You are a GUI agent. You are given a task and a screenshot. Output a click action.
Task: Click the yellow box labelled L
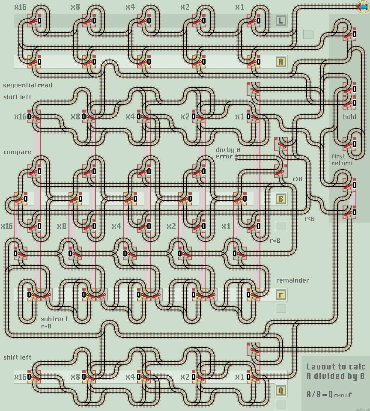pyautogui.click(x=281, y=21)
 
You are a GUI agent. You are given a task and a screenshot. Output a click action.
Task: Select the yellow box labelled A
pyautogui.click(x=281, y=62)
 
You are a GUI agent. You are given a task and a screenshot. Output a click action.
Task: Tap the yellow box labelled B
pyautogui.click(x=281, y=199)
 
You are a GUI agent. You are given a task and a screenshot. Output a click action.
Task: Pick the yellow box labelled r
pyautogui.click(x=281, y=295)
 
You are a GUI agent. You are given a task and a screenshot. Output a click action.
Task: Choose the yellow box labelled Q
pyautogui.click(x=281, y=390)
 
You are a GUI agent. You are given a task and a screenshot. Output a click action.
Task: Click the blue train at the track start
pyautogui.click(x=363, y=6)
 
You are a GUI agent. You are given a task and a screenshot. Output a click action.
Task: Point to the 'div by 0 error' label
pyautogui.click(x=228, y=153)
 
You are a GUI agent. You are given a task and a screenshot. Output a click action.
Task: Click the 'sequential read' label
pyautogui.click(x=27, y=85)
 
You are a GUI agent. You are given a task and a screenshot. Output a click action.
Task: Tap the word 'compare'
pyautogui.click(x=17, y=152)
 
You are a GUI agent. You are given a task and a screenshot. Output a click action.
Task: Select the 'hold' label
pyautogui.click(x=349, y=116)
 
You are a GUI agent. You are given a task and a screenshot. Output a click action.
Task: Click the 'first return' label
pyautogui.click(x=341, y=160)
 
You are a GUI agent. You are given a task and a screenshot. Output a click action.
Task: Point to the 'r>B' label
pyautogui.click(x=297, y=179)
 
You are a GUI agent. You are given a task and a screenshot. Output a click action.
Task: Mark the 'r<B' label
pyautogui.click(x=310, y=219)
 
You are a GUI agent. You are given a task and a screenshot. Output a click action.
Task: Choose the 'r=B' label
pyautogui.click(x=275, y=241)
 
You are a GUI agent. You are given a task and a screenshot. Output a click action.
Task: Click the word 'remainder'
pyautogui.click(x=292, y=280)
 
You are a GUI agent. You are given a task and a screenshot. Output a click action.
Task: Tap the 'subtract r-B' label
pyautogui.click(x=54, y=322)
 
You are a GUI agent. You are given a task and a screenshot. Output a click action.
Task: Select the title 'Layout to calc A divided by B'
pyautogui.click(x=335, y=371)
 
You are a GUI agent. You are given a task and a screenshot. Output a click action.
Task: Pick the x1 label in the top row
pyautogui.click(x=240, y=7)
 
